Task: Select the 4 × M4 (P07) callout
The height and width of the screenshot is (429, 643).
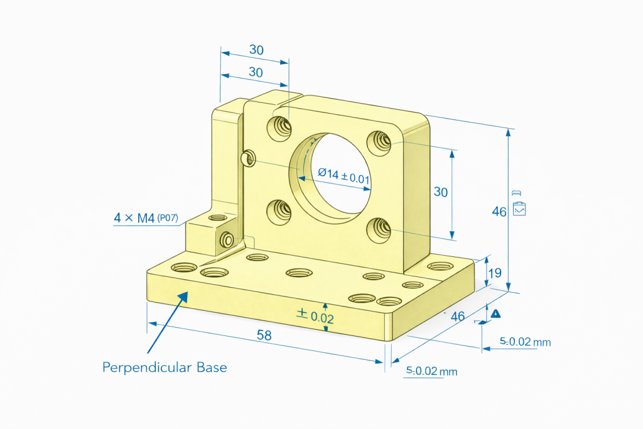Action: point(146,219)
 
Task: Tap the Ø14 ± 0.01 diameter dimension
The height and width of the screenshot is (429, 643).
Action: point(343,175)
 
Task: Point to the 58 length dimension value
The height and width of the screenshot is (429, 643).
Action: point(264,335)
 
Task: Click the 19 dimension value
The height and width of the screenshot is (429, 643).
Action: point(494,273)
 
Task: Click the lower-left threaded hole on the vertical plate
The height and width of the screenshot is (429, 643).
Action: point(279,211)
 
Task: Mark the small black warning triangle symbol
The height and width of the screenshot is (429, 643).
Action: point(495,313)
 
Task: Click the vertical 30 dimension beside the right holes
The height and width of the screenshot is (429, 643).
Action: point(441,192)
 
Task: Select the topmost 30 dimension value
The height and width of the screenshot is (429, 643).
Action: point(256,50)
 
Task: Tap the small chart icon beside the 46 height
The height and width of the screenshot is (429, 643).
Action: point(519,210)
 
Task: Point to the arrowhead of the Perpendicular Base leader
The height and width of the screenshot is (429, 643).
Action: point(186,294)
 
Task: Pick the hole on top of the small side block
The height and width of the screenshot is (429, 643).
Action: point(217,218)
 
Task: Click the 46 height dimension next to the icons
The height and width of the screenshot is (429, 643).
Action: point(499,212)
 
